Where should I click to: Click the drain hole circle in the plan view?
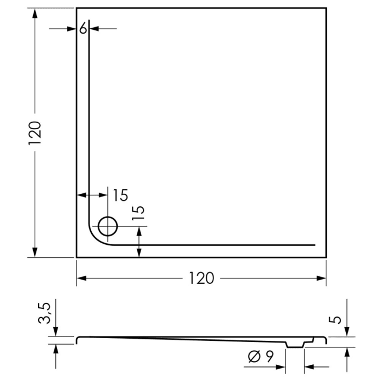pyautogui.click(x=107, y=225)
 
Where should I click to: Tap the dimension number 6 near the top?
pyautogui.click(x=83, y=28)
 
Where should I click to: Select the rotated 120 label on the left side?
pyautogui.click(x=35, y=132)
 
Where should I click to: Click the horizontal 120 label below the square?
pyautogui.click(x=201, y=278)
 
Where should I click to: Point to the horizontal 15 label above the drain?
pyautogui.click(x=121, y=194)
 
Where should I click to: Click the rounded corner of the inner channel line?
pyautogui.click(x=94, y=238)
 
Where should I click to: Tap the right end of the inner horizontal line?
pyautogui.click(x=315, y=245)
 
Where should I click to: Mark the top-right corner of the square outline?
pyautogui.click(x=326, y=8)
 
